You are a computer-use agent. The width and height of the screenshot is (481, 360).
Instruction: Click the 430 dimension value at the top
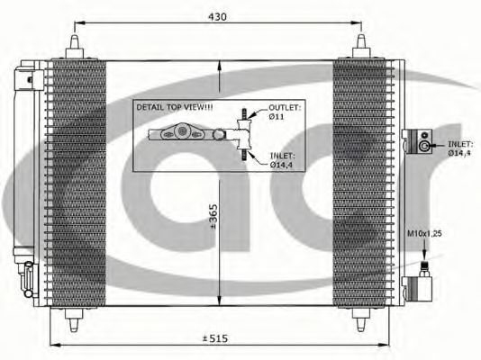point(217,16)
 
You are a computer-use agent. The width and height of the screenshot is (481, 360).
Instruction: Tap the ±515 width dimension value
point(215,338)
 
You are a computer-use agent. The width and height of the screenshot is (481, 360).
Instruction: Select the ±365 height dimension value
point(213,216)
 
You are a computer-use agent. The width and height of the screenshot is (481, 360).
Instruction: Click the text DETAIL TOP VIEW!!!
point(175,107)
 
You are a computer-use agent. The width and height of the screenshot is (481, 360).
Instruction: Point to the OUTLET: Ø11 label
point(285,112)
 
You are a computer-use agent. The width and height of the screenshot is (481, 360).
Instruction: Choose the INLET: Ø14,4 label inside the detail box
point(282,160)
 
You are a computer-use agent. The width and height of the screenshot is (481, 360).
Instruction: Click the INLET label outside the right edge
point(459,148)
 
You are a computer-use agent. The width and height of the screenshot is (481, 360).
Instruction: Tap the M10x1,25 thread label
point(424,233)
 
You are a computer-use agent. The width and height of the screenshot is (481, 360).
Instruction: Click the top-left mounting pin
point(75,47)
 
